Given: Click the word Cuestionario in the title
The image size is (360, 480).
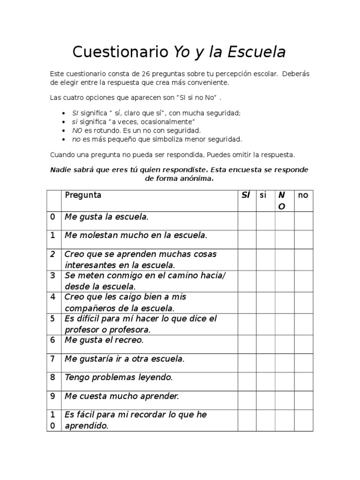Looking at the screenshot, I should click(120, 52).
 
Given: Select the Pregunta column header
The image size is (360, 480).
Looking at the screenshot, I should click(83, 195).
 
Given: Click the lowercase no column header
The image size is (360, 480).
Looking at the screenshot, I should click(303, 195).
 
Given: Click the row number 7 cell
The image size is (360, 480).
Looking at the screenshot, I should click(53, 359).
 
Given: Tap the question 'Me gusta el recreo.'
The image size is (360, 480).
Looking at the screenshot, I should click(104, 340).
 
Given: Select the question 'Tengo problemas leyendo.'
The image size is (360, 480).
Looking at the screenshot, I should click(119, 377).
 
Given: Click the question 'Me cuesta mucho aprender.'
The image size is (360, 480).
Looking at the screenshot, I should click(121, 396).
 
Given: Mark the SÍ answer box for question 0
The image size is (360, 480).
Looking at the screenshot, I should click(247, 221).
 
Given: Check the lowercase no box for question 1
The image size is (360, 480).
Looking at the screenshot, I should click(303, 239).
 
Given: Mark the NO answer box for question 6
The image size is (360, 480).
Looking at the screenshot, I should click(284, 344).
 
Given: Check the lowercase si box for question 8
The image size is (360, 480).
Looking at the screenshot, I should click(265, 381).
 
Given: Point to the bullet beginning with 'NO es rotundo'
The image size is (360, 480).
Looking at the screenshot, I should click(136, 130).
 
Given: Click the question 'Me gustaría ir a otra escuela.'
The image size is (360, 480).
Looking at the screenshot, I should click(124, 359).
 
